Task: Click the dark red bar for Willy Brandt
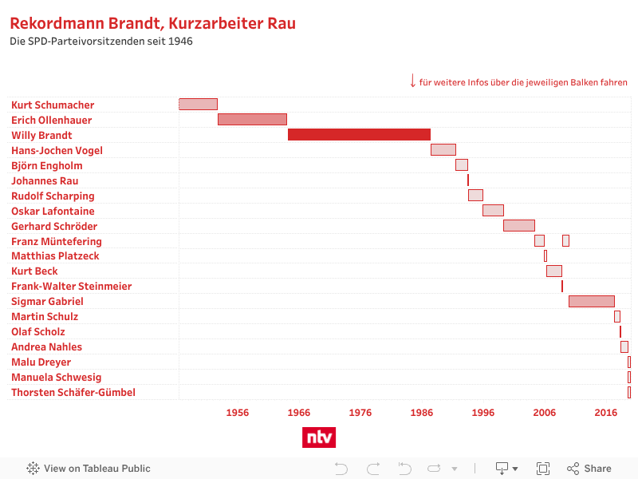point(359,135)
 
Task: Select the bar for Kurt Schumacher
point(198,105)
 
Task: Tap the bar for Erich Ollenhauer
point(252,120)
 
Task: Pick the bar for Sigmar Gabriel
point(591,302)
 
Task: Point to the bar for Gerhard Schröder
point(518,226)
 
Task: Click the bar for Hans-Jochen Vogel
point(443,150)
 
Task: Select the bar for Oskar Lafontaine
point(493,211)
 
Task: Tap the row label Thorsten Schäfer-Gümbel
point(73,393)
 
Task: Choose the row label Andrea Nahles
point(46,347)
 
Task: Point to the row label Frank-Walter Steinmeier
point(72,287)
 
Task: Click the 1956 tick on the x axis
point(237,413)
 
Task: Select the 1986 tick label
point(422,413)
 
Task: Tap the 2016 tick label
point(606,413)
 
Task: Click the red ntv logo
point(319,437)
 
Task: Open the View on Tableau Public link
point(89,469)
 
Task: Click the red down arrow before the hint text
point(412,81)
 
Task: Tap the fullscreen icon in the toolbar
point(543,469)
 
